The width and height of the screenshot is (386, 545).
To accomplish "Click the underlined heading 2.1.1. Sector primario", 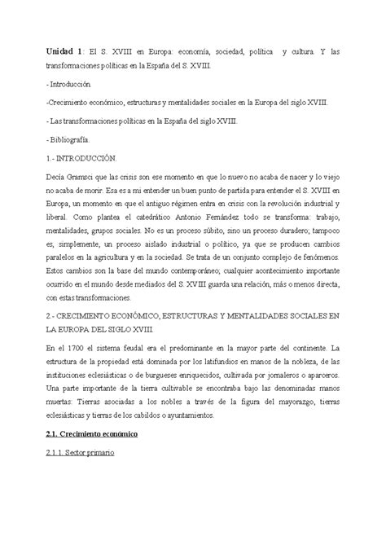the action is [81, 455].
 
